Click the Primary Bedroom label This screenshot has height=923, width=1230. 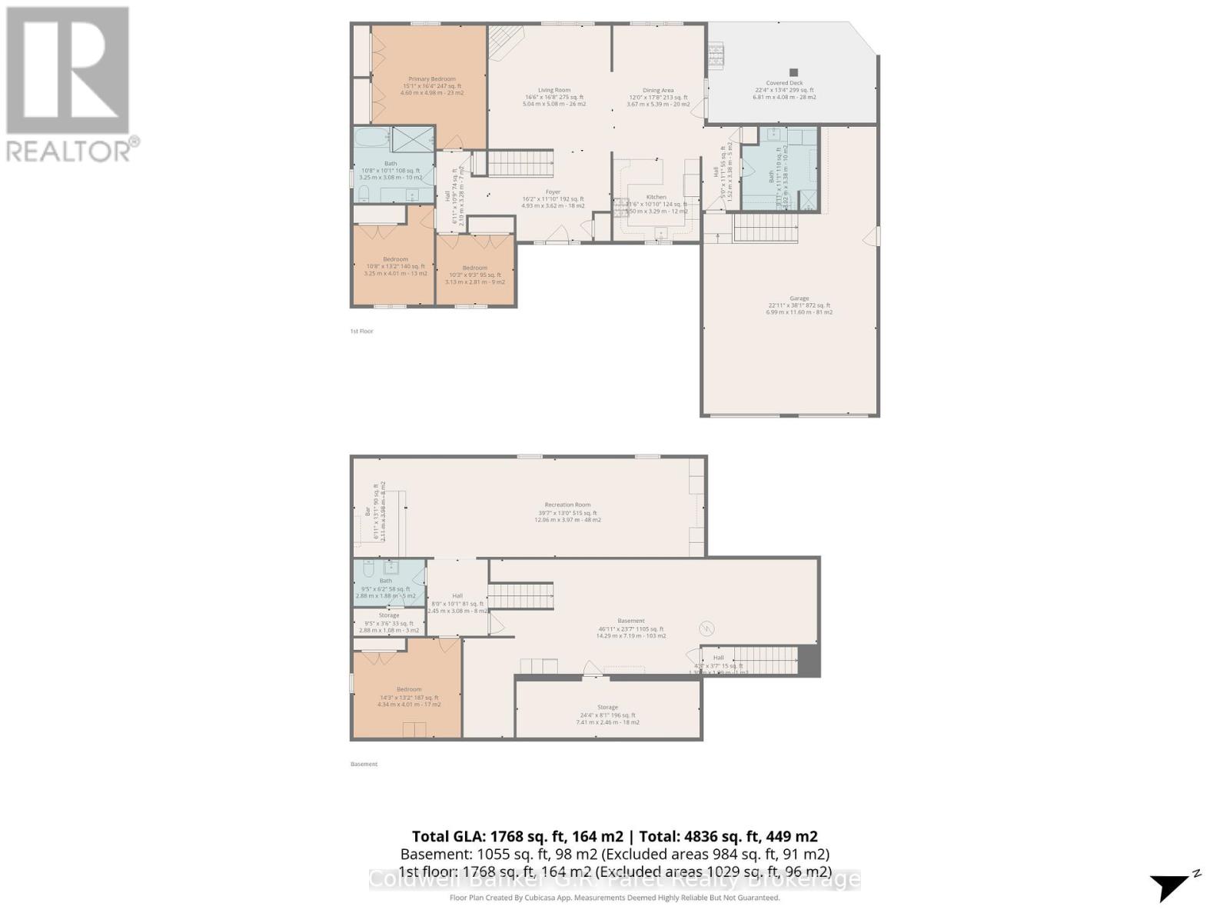tap(431, 79)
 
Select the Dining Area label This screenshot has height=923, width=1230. tap(658, 91)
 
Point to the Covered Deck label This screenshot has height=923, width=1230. tap(784, 83)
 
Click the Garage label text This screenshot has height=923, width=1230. tap(799, 298)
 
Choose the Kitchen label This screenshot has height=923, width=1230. tap(656, 198)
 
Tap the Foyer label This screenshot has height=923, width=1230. tap(553, 192)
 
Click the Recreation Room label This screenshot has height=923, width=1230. tap(567, 505)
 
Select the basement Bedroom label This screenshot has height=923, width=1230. tap(409, 690)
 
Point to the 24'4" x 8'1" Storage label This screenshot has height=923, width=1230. tap(607, 708)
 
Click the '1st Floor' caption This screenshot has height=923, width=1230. tap(361, 332)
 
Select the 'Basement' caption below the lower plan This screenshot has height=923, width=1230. tap(364, 765)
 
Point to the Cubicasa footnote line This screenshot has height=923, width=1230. tap(614, 898)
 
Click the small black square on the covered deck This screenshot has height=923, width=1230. tap(794, 72)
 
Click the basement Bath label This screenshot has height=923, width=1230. tap(385, 581)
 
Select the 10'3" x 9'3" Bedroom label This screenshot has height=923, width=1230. tap(474, 268)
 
